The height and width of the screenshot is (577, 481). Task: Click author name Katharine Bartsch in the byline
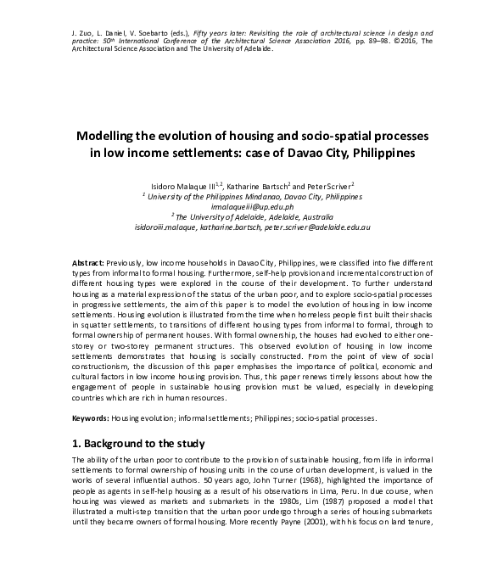tap(257, 184)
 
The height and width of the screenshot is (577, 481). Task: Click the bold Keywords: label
tap(89, 419)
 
